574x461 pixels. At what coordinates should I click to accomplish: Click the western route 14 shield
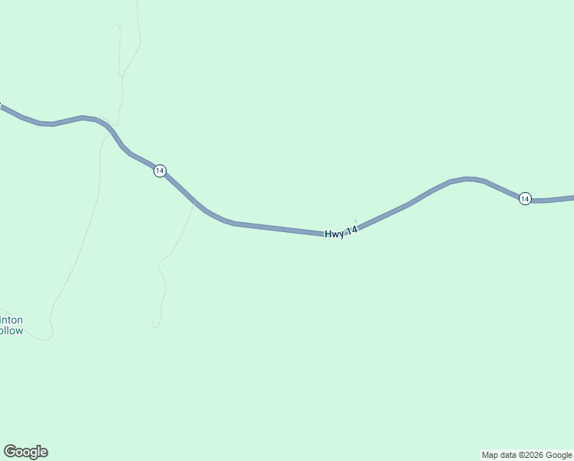pos(159,171)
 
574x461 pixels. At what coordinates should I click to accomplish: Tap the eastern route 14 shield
pos(524,198)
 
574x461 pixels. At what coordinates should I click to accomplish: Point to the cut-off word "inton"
pos(12,320)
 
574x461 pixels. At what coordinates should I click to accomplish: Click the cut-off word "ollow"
pos(12,331)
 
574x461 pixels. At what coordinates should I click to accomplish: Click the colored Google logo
pos(25,452)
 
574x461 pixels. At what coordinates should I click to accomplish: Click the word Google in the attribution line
pos(559,455)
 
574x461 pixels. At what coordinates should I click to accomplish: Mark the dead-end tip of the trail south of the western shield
pos(153,327)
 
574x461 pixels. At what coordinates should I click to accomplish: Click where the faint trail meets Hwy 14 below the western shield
pos(194,203)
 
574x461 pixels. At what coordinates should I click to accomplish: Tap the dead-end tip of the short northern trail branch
pos(113,24)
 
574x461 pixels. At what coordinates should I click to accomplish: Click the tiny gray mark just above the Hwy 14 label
pos(355,221)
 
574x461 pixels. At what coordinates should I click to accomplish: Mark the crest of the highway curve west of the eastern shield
pos(468,179)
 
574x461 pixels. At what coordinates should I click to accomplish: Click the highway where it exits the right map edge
pos(572,198)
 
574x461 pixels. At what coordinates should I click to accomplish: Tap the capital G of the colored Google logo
pos(9,452)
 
